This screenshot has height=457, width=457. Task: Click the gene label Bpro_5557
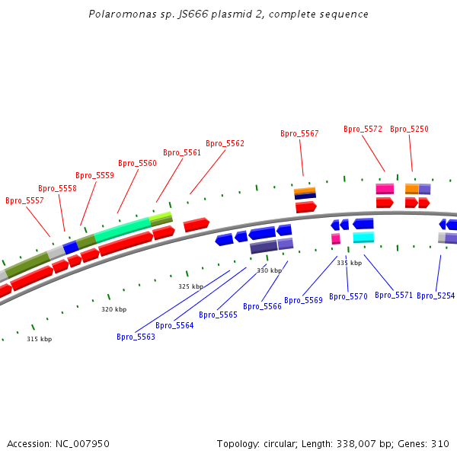coord(24,200)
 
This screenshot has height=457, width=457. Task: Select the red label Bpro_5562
coord(225,143)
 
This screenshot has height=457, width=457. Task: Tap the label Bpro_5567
coord(299,133)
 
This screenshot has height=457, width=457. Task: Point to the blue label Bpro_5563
coord(136,337)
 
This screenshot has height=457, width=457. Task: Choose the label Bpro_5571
coord(394,296)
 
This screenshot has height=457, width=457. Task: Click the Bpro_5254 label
coord(436,296)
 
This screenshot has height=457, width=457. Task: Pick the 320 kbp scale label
coord(114,309)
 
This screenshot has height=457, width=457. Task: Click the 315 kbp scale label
coord(40,339)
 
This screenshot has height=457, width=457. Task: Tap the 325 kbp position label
coord(191,286)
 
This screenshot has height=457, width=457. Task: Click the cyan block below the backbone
coord(363,237)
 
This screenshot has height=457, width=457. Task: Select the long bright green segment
coord(123,230)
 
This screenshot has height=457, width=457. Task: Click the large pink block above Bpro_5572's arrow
coord(385,189)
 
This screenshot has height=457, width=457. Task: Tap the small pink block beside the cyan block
coord(336,238)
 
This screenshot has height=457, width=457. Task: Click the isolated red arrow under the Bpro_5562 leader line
coord(197,225)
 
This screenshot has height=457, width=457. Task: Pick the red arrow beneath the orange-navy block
coord(306,207)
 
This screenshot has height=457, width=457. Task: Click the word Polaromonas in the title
coord(123,14)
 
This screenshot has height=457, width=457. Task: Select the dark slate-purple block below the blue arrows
coord(264,247)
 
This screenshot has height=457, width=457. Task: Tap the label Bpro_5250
coord(409,129)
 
